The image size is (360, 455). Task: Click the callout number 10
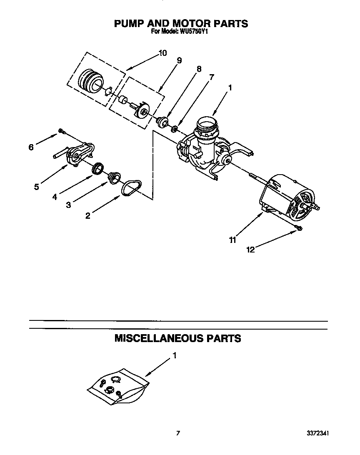coord(162,53)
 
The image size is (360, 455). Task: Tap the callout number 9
coord(179,60)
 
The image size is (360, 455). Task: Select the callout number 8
coord(199,69)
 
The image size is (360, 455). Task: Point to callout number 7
coord(212,77)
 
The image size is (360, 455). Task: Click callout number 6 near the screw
coord(30,147)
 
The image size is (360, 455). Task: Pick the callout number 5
coord(37,187)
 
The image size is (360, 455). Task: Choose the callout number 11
coord(232,240)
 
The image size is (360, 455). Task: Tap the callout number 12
coord(250,250)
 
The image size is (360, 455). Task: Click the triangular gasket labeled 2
coord(131,187)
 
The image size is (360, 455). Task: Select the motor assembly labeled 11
coord(287,198)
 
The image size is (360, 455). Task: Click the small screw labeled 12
coord(299,227)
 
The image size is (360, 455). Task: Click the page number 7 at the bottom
coord(178,433)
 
